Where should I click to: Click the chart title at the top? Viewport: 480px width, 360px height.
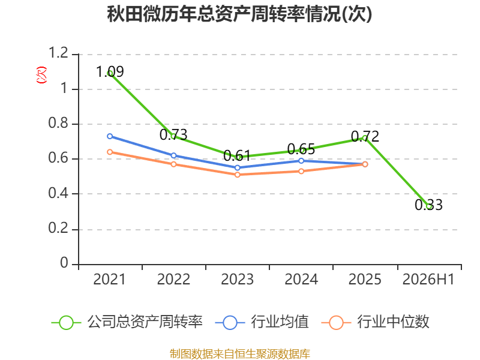click(239, 14)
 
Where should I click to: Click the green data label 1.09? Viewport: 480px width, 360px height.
click(110, 71)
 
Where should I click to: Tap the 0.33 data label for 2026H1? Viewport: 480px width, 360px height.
click(428, 205)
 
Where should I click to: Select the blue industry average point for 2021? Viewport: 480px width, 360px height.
click(110, 136)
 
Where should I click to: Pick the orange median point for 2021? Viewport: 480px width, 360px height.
click(110, 152)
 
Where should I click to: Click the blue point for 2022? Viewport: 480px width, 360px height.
click(173, 155)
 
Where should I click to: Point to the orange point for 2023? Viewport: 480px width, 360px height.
click(237, 175)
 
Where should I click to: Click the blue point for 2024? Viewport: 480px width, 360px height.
click(301, 161)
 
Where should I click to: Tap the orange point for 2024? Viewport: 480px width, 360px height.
click(301, 171)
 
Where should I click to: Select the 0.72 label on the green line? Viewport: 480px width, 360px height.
click(365, 136)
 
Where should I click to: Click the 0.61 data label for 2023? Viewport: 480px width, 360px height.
click(237, 155)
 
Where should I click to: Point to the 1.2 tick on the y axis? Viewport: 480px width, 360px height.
click(58, 53)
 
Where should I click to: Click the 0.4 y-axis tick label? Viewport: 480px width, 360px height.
click(58, 193)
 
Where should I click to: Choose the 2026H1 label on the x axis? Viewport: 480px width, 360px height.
click(428, 279)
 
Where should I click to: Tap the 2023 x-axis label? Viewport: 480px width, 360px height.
click(237, 279)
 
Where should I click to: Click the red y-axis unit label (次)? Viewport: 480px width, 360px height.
click(41, 75)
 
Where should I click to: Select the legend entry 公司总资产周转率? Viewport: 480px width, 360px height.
click(127, 322)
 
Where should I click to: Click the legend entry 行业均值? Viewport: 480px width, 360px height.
click(262, 322)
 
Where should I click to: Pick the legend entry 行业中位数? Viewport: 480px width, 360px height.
click(376, 322)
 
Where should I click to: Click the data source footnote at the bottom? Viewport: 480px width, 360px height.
click(240, 354)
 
